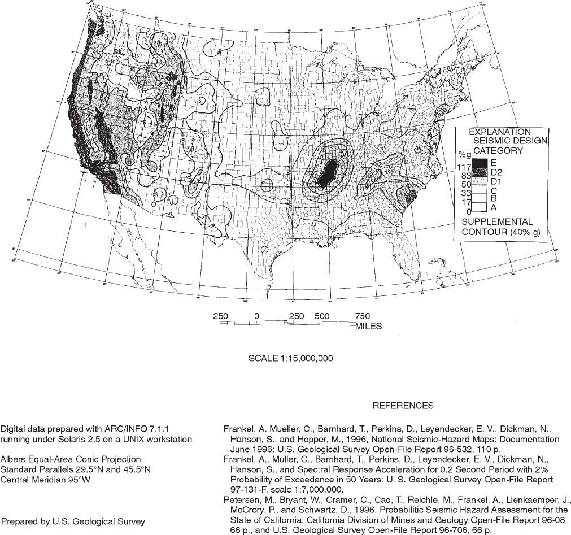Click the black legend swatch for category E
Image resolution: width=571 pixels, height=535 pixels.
coord(480,163)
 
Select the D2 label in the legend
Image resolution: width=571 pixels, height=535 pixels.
coord(497,171)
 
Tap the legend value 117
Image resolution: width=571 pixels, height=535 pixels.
coord(464,167)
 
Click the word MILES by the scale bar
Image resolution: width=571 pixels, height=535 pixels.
coord(369,326)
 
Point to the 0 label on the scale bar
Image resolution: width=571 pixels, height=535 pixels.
coord(256,316)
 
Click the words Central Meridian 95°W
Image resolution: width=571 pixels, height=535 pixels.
coord(46,480)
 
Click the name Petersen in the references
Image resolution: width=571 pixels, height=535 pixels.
coord(241,500)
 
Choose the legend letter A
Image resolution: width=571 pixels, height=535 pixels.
coord(493,207)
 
